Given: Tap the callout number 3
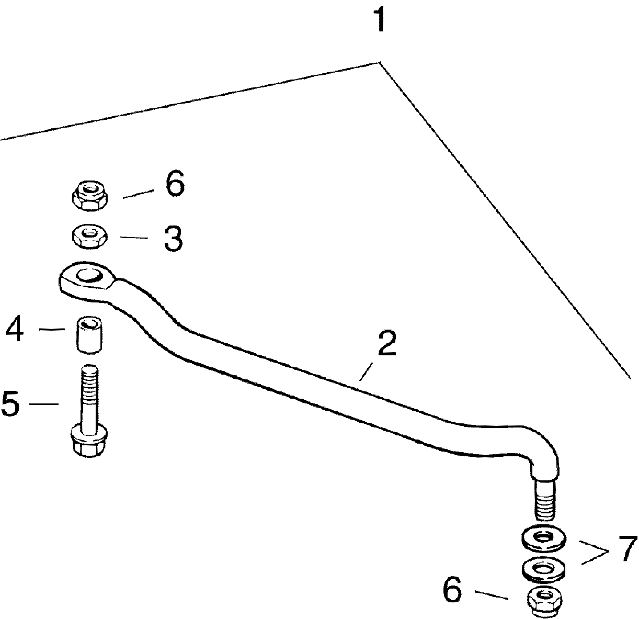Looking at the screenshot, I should (174, 239).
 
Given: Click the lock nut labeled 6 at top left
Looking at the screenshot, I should (90, 197).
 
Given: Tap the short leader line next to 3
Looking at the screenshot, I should (134, 238).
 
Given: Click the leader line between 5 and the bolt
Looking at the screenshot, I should (44, 404).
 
